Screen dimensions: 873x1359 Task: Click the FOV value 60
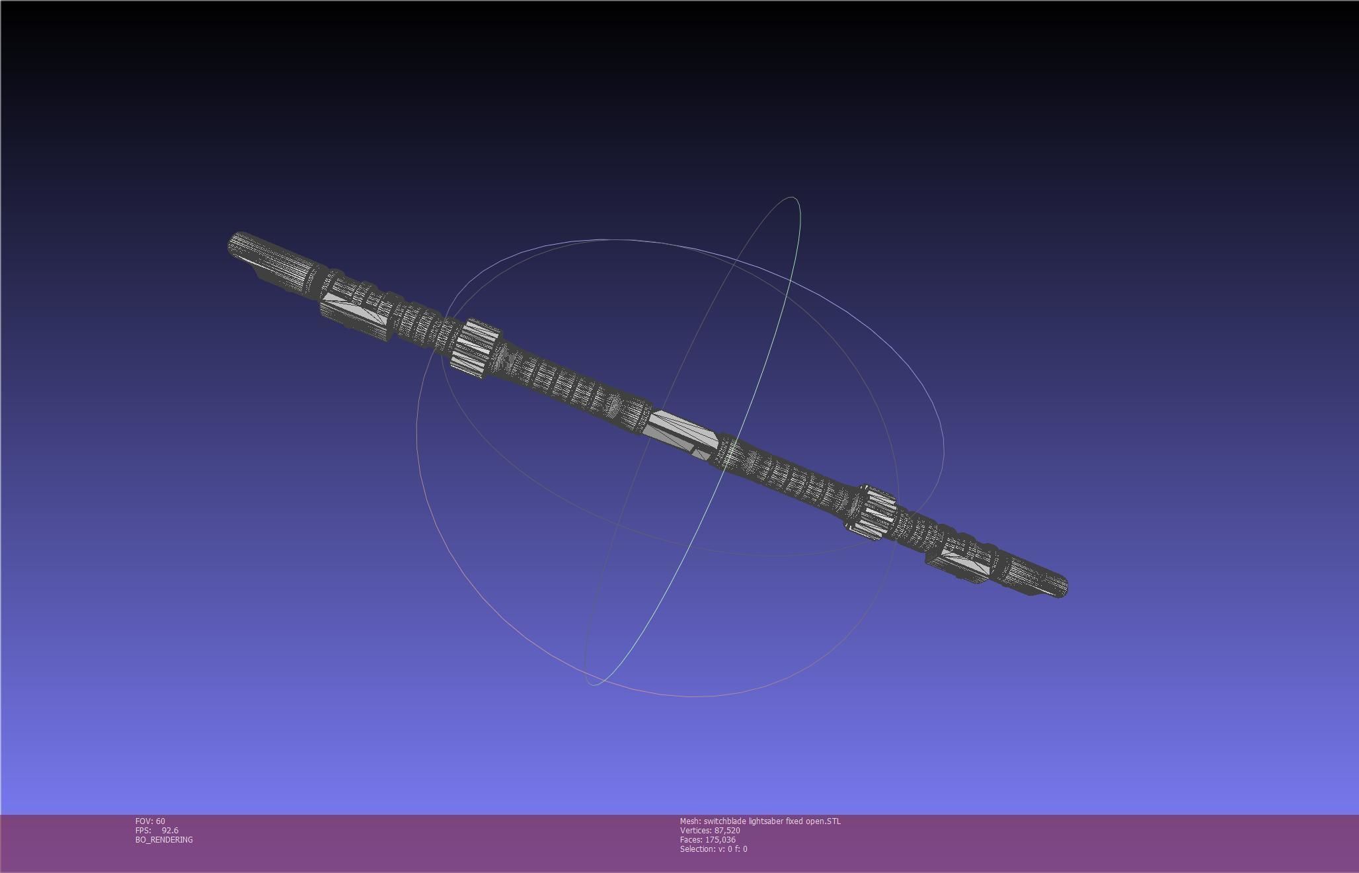click(161, 821)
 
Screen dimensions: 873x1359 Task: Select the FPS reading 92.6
click(170, 831)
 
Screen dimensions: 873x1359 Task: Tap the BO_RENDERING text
click(164, 840)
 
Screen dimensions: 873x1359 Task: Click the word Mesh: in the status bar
click(690, 821)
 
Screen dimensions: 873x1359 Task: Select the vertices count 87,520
click(727, 831)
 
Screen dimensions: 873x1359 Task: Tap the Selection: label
click(696, 849)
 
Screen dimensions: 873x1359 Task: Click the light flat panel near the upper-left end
click(354, 308)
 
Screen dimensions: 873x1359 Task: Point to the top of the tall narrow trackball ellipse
click(792, 198)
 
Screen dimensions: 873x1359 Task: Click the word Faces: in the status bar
click(691, 840)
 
